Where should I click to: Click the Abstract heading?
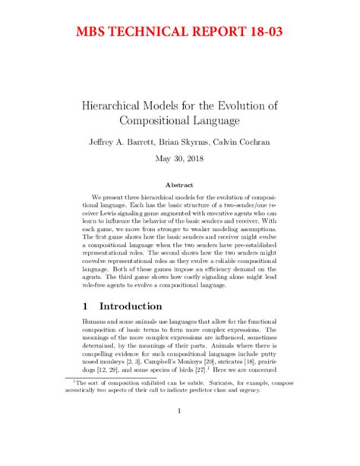click(x=180, y=185)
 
